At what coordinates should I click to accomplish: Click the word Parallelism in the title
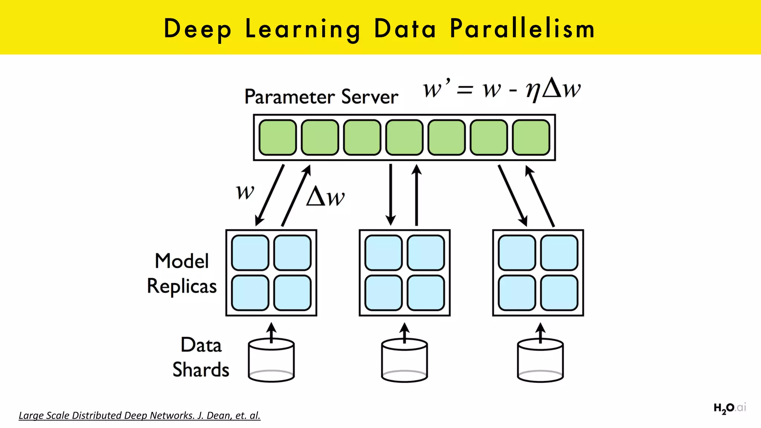click(x=522, y=29)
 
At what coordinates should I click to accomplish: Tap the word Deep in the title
click(x=197, y=29)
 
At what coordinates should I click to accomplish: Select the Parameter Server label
click(x=321, y=97)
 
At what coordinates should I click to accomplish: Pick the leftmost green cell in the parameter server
click(x=278, y=137)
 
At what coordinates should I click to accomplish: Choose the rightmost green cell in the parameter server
click(x=531, y=137)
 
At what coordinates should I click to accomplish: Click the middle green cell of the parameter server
click(x=404, y=137)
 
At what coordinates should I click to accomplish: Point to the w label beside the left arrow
click(x=245, y=192)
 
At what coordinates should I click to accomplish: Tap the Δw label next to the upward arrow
click(x=326, y=197)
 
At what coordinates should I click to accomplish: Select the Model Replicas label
click(x=182, y=273)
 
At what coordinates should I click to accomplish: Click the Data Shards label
click(x=201, y=357)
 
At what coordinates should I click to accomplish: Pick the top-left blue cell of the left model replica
click(x=250, y=253)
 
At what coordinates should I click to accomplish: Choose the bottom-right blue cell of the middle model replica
click(x=426, y=293)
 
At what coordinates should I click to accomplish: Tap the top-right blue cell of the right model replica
click(x=559, y=253)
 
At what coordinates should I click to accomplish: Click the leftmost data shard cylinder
click(x=271, y=360)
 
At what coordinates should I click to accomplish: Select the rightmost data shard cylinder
click(x=540, y=360)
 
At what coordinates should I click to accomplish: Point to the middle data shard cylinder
click(x=404, y=360)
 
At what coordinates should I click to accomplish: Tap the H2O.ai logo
click(x=729, y=408)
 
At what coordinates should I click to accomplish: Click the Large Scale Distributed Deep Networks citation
click(x=139, y=415)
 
